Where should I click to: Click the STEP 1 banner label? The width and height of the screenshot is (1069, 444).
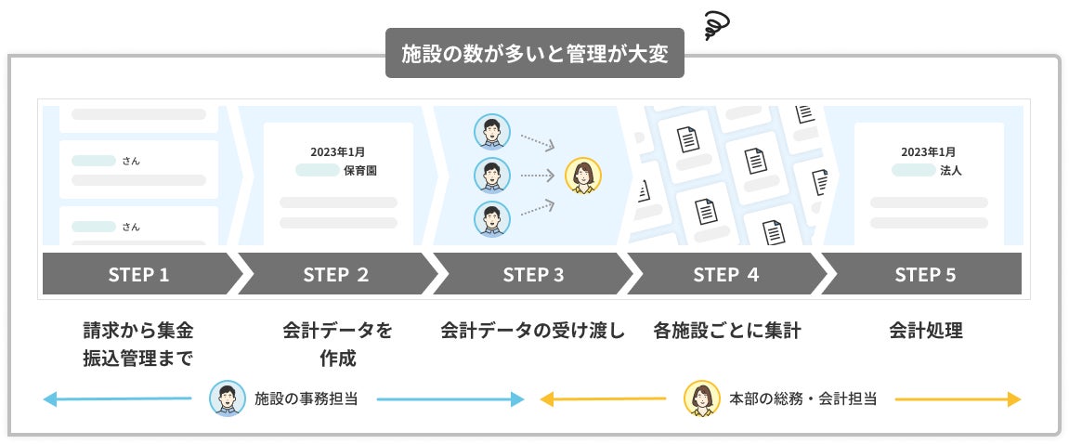pos(138,274)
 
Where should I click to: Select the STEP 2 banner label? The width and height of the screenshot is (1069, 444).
pos(335,274)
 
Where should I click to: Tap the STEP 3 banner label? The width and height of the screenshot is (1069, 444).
pos(533,274)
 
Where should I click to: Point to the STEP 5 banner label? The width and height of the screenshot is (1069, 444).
pos(924,274)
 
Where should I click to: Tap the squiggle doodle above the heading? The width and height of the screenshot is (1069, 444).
pos(718,25)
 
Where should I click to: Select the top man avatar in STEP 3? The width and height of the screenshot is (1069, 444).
pos(491,131)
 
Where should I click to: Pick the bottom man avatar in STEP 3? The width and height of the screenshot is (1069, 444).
pos(491,219)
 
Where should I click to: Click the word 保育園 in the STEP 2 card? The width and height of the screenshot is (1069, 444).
pos(359,170)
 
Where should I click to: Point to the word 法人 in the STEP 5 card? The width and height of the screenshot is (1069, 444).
pos(950,170)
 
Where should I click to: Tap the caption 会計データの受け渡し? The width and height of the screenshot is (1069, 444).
pos(533,330)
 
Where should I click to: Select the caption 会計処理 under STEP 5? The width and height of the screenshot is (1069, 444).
pos(925,330)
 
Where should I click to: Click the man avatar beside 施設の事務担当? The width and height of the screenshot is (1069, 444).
pos(228,398)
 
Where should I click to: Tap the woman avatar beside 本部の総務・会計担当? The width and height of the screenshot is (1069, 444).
pos(702,398)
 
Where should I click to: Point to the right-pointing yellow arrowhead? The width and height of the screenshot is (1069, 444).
pos(1014,399)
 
